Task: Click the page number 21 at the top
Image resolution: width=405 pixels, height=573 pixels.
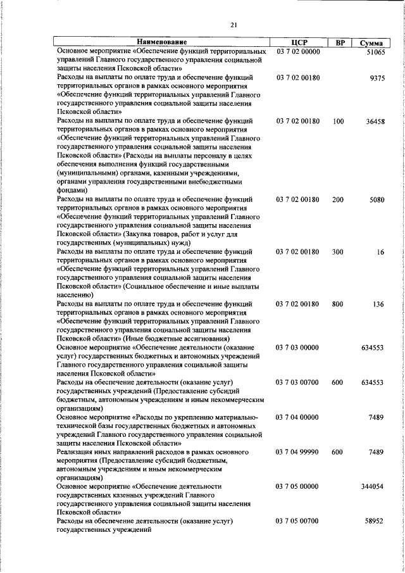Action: pyautogui.click(x=234, y=25)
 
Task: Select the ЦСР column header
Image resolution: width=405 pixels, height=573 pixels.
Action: pyautogui.click(x=299, y=42)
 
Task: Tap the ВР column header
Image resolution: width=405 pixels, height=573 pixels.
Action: pyautogui.click(x=340, y=42)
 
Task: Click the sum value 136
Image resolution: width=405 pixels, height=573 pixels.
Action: pyautogui.click(x=379, y=305)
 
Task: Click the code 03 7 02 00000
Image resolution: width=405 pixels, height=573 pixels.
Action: pyautogui.click(x=298, y=51)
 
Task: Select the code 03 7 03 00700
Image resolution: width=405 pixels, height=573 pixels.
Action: pyautogui.click(x=298, y=382)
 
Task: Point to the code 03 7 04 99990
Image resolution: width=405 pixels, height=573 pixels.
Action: pyautogui.click(x=298, y=452)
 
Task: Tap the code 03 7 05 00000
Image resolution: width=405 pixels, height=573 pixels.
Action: pyautogui.click(x=298, y=486)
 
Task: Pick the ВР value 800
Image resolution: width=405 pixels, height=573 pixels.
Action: pyautogui.click(x=338, y=305)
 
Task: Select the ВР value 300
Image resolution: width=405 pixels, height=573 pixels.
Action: pyautogui.click(x=338, y=252)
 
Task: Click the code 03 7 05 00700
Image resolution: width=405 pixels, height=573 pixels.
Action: pyautogui.click(x=298, y=521)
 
